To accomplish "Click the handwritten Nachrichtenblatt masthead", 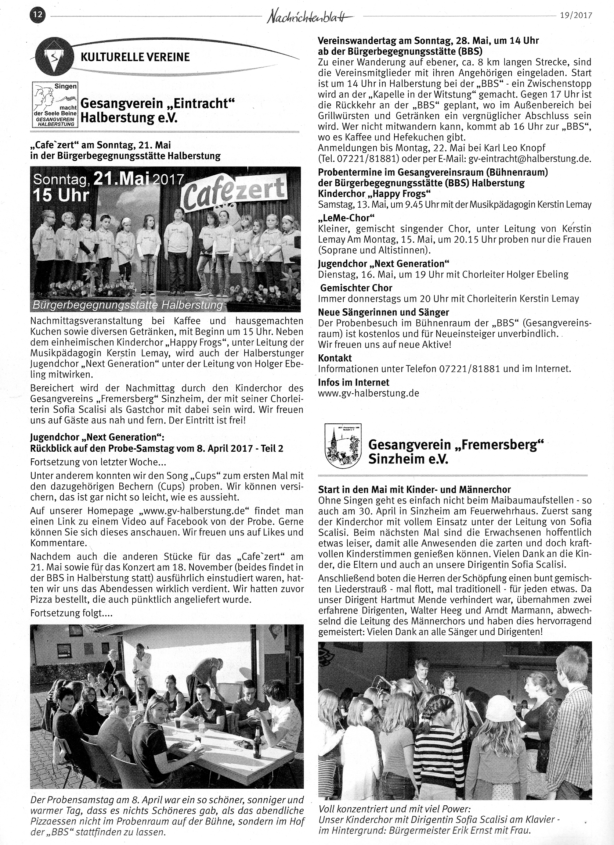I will click(x=309, y=17).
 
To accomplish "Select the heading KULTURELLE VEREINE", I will click(x=135, y=57).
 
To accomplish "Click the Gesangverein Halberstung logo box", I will click(x=54, y=105).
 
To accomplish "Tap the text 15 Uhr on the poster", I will click(x=61, y=196).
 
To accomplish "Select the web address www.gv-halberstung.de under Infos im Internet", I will click(x=369, y=393).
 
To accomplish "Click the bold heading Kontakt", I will click(x=335, y=358).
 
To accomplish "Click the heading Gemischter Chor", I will click(x=356, y=288).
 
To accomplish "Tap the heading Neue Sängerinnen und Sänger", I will click(x=383, y=312).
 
